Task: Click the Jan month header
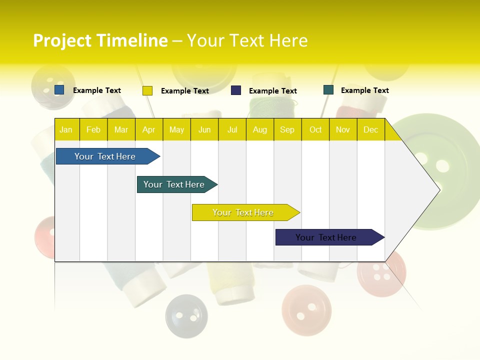(66, 129)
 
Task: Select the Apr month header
(148, 129)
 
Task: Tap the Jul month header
(232, 129)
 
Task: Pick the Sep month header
(287, 129)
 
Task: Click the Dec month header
(370, 129)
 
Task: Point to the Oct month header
(315, 129)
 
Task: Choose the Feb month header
(93, 129)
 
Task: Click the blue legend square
(59, 90)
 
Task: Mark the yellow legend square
(147, 90)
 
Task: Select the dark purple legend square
(236, 90)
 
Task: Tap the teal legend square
(328, 90)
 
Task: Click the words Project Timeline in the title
(100, 40)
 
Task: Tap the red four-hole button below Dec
(382, 274)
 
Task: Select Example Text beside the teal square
(364, 90)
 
